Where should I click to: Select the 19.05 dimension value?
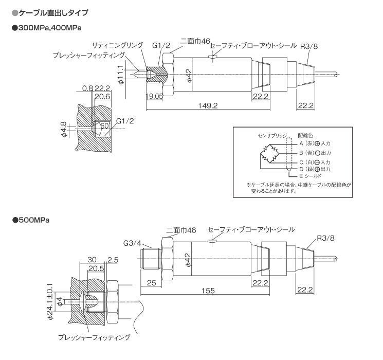tap(154, 96)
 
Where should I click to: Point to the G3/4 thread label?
tap(132, 243)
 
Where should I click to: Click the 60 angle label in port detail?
tap(105, 126)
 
